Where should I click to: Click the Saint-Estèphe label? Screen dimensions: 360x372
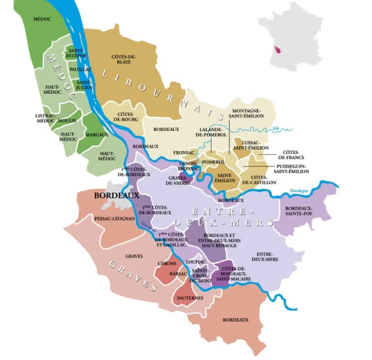(77, 52)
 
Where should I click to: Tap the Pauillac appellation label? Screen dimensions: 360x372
(80, 69)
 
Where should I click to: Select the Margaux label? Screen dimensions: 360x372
(96, 135)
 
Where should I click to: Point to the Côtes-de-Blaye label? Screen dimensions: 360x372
(124, 59)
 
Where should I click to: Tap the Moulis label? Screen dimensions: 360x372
(67, 120)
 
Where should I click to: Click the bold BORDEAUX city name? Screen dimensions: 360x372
(116, 196)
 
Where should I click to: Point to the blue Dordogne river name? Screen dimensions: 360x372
(299, 191)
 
